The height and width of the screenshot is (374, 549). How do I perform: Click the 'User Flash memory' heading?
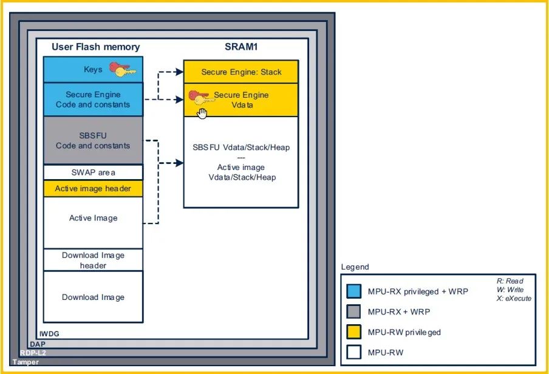coord(95,47)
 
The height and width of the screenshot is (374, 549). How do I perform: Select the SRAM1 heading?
coord(240,47)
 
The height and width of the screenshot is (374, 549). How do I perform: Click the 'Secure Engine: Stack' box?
coord(241,72)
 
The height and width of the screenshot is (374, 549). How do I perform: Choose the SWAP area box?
coord(93,172)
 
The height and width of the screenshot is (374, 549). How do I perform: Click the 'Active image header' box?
coord(93,188)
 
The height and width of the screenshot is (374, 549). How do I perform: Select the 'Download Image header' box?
coord(93,260)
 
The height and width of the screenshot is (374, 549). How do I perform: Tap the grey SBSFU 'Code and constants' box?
coord(93,141)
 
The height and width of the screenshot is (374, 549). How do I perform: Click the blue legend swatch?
coord(353,291)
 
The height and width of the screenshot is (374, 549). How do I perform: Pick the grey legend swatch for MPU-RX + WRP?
coord(353,312)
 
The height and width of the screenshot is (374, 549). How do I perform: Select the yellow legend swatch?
coord(353,332)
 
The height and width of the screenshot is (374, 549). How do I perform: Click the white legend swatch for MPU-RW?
coord(353,352)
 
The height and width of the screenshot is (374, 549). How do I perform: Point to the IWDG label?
coord(49,333)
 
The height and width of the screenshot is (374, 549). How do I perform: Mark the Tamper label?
coord(26,362)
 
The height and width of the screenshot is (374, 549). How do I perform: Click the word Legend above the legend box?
coord(355,267)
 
